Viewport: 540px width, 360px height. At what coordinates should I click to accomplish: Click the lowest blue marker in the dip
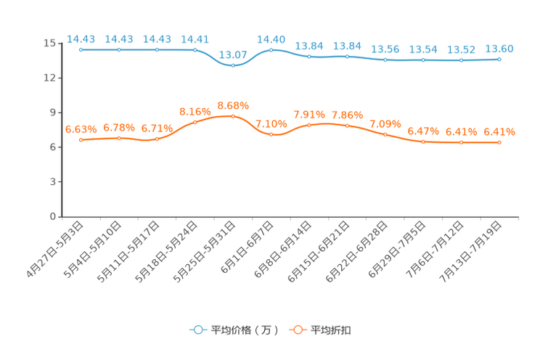point(233,66)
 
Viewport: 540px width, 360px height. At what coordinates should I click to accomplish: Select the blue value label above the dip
point(233,54)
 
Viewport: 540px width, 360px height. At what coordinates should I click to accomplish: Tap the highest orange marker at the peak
point(233,116)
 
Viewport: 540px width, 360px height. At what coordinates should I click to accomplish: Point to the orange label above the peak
point(233,106)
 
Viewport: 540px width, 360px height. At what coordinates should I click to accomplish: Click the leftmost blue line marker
point(81,50)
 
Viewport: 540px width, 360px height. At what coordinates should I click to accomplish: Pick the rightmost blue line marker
point(499,60)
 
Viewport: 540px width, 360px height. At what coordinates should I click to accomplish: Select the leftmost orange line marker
point(81,139)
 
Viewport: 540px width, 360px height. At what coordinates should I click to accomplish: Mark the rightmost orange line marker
point(499,143)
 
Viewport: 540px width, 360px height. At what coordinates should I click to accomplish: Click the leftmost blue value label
point(81,39)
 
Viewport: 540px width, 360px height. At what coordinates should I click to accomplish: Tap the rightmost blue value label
point(499,49)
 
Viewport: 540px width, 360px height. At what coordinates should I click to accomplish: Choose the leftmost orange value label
point(81,129)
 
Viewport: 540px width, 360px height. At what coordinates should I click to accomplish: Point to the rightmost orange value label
point(499,132)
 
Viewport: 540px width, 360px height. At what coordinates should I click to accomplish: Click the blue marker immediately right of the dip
point(271,50)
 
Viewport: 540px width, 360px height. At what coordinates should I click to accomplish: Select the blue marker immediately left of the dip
point(195,50)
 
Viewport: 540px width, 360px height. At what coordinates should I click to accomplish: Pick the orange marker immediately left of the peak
point(195,123)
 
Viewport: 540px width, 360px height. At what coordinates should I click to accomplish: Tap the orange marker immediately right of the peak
point(271,134)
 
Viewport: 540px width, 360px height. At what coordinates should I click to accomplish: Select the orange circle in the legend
point(297,330)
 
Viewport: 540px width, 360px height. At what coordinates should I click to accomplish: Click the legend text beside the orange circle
point(331,330)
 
